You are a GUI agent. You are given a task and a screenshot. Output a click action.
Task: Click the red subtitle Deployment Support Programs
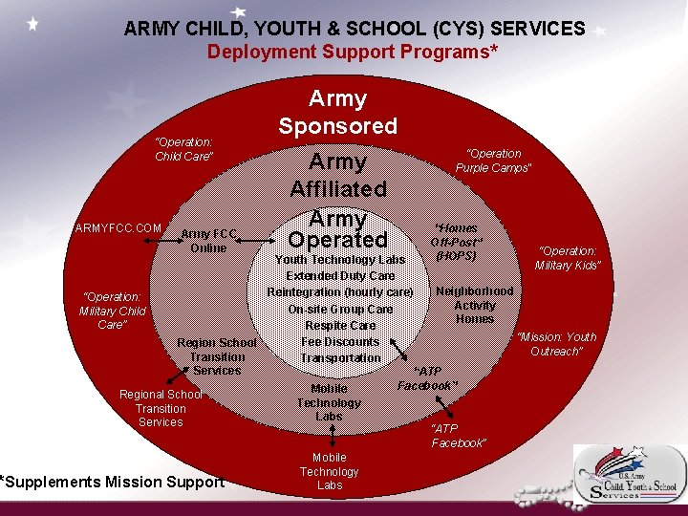(x=353, y=52)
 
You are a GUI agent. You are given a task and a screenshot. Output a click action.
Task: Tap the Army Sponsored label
(x=338, y=112)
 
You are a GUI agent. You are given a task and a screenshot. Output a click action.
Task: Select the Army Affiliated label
(x=338, y=175)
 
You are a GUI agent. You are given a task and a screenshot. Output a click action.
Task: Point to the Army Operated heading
(x=338, y=229)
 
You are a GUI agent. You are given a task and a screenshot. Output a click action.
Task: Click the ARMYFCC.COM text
(x=118, y=227)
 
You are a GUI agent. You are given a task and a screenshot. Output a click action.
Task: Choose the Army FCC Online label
(x=208, y=241)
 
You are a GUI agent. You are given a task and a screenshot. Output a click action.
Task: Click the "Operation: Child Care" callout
(x=184, y=149)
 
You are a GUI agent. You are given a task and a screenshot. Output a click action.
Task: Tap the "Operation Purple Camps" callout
(x=493, y=161)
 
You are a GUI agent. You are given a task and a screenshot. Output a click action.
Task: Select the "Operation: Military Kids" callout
(x=568, y=258)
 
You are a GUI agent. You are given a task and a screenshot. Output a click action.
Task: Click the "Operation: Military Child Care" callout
(x=112, y=311)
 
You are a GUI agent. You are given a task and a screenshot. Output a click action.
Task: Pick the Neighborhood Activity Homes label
(x=475, y=305)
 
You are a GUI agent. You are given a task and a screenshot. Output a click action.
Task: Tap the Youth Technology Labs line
(x=340, y=259)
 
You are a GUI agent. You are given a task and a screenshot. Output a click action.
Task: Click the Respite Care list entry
(x=340, y=325)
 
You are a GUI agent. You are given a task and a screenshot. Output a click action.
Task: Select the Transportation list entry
(x=340, y=357)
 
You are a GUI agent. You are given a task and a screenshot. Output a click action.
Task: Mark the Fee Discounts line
(x=340, y=341)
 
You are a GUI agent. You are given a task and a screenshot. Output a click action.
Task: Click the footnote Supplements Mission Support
(x=113, y=482)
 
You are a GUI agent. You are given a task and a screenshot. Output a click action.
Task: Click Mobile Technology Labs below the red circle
(x=329, y=471)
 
